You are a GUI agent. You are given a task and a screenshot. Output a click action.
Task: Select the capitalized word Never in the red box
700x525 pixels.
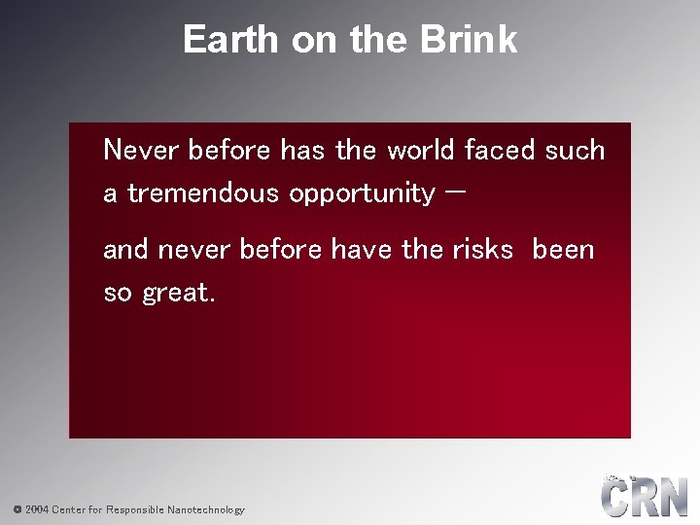click(142, 151)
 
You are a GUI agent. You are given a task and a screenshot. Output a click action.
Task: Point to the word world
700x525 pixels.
click(422, 151)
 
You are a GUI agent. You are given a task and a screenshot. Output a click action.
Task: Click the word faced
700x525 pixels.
click(501, 151)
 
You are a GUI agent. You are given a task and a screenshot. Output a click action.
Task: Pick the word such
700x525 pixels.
click(576, 151)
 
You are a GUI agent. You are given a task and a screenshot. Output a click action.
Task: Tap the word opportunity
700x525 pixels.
click(362, 194)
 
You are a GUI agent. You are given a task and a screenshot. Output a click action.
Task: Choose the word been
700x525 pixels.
click(563, 250)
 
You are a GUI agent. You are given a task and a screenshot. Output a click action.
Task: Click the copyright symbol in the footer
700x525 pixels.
click(17, 509)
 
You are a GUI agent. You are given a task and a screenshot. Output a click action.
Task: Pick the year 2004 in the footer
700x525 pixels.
click(36, 509)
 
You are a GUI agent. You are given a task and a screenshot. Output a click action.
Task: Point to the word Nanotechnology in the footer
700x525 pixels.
click(206, 509)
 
